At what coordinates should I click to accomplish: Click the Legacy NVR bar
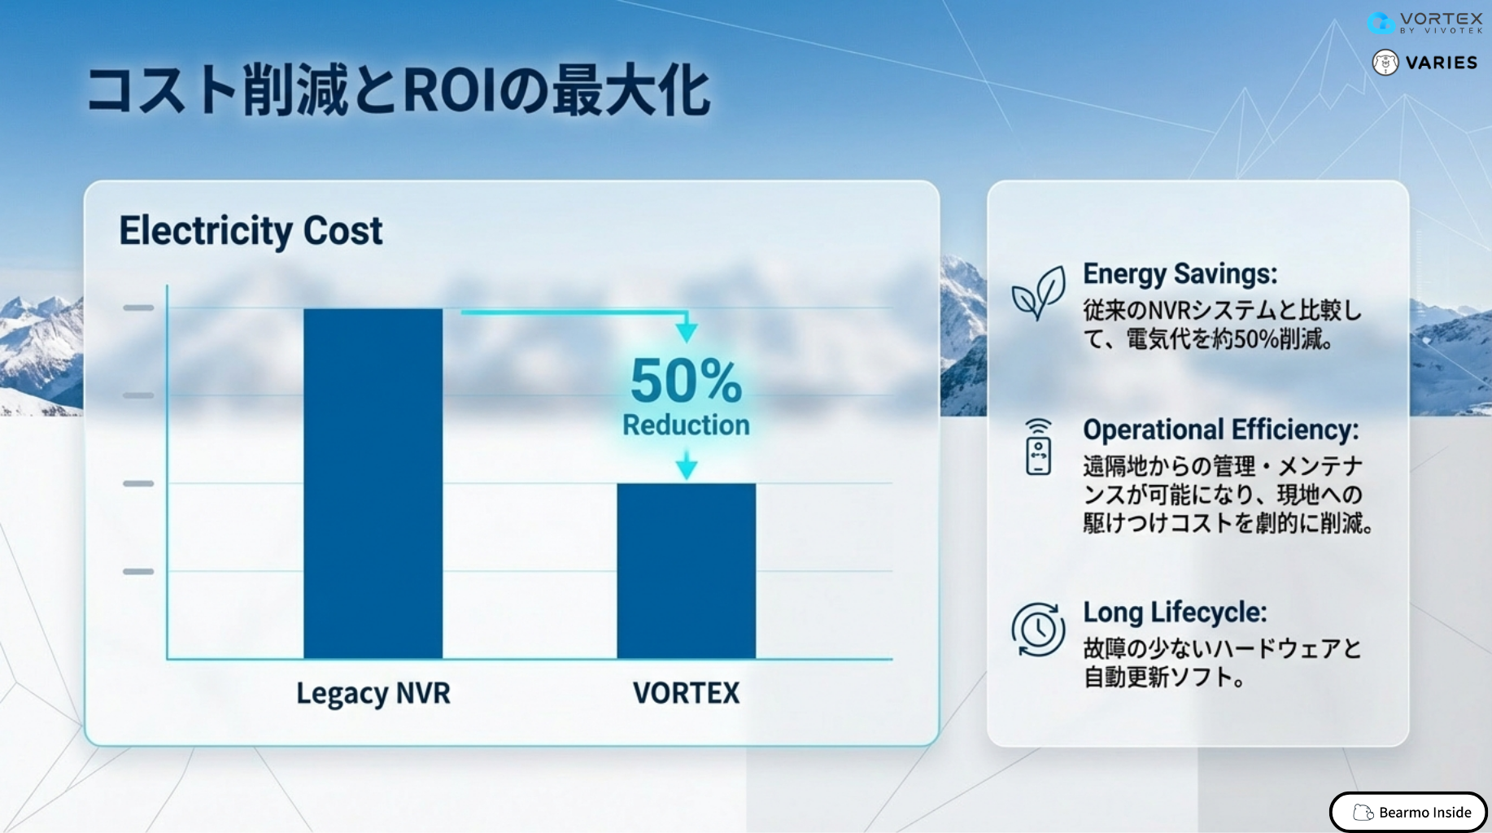pos(373,483)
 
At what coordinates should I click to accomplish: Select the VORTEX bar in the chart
pos(687,571)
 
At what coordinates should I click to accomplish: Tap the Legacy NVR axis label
pos(373,694)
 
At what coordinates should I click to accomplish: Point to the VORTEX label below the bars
pos(687,693)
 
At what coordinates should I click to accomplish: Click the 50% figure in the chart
pos(687,381)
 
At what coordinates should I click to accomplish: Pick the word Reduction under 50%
pos(687,425)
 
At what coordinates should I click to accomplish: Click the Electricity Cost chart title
pos(251,231)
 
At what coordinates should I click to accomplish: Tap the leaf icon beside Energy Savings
pos(1039,293)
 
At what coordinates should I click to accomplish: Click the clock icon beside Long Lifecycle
pos(1038,629)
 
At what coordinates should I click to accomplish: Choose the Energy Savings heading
pos(1180,274)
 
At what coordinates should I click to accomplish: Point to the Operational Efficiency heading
pos(1220,430)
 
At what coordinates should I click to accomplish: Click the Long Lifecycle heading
pos(1175,612)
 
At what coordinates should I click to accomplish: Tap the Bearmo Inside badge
pos(1408,812)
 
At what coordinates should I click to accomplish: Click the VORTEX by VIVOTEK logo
pos(1425,22)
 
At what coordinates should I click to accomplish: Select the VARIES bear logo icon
pos(1385,63)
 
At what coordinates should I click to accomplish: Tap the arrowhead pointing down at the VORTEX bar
pos(687,468)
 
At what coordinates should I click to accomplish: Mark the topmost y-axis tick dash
pos(138,307)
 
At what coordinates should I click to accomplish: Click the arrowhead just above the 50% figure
pos(687,331)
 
